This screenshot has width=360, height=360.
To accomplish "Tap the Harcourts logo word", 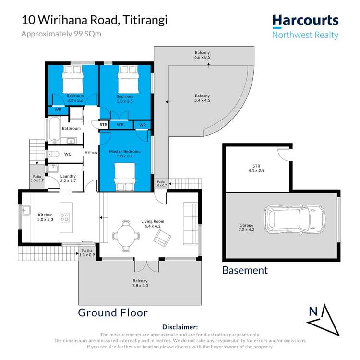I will (x=305, y=20).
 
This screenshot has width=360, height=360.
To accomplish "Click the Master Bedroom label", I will (x=123, y=154).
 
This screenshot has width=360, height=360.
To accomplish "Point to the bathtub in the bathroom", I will (x=53, y=129).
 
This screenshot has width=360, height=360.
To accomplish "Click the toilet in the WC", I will (x=54, y=155).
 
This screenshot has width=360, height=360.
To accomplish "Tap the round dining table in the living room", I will (x=126, y=235).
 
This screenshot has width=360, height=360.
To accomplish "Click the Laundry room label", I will (x=68, y=179).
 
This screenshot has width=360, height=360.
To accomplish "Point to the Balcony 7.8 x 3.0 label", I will (x=141, y=283).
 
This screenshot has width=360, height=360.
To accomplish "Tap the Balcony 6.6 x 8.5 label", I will (x=202, y=54).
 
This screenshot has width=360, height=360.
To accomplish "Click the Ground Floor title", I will (x=112, y=312).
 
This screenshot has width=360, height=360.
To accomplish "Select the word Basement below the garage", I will (x=245, y=270).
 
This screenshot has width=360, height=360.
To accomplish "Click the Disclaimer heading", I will (x=180, y=327).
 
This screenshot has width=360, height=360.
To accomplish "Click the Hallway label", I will (x=91, y=152).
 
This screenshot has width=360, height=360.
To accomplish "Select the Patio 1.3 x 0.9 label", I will (x=87, y=252).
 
